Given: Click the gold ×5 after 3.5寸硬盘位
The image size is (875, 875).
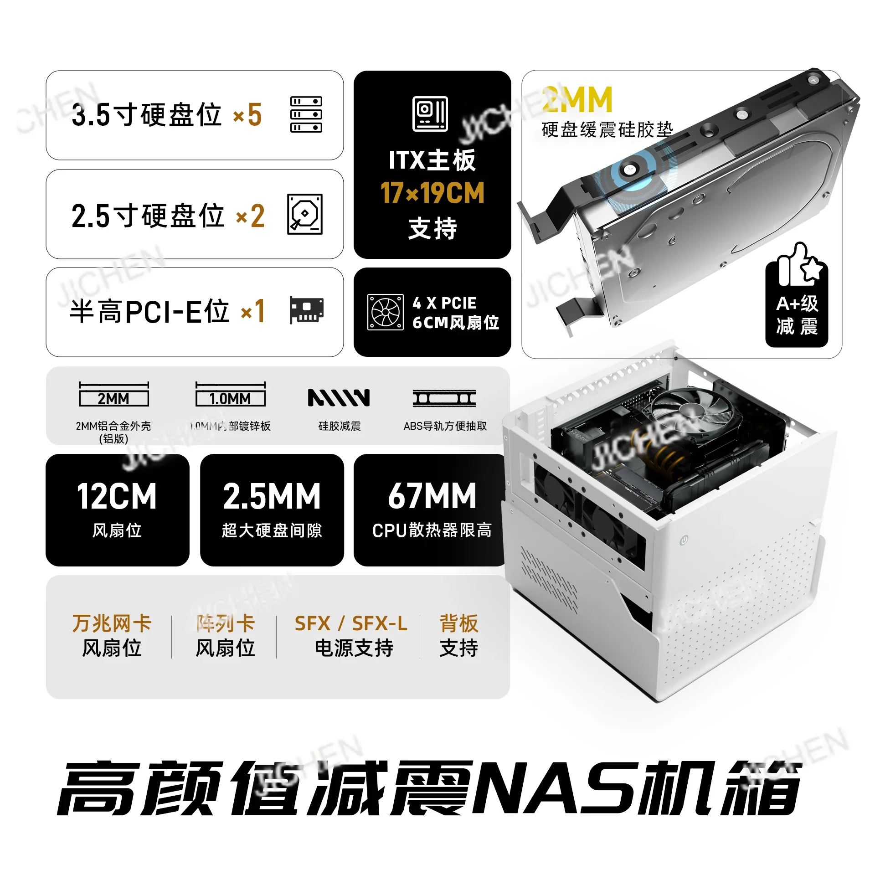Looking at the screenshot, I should coord(247,115).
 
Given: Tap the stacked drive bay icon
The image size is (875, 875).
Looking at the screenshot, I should coord(306,114).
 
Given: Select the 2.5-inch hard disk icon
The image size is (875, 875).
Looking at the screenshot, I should coord(305,214).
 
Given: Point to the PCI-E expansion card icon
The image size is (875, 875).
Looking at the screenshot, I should coord(307,310).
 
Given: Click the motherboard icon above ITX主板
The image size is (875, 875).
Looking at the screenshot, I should coord(430,114).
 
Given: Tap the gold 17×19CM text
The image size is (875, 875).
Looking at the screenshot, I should coord(432,193).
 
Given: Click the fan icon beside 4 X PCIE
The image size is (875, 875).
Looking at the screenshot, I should coord(386,312).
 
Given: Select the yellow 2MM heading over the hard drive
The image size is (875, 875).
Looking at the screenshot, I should coord(577,100).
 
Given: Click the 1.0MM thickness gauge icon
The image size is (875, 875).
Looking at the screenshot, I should coord(230,395).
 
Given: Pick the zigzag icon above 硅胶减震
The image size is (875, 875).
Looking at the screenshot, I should coord(339,397).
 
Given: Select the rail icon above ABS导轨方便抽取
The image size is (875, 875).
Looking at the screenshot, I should coord(444,398).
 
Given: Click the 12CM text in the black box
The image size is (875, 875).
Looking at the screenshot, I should coord(117,497).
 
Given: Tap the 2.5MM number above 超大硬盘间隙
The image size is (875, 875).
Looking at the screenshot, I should coord(272,497).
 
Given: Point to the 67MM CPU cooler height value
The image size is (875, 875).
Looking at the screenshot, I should coord(432,497).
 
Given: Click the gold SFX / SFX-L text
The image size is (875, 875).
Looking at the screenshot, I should coord(351,623).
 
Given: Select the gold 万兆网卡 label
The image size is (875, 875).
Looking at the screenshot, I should coord(112,623).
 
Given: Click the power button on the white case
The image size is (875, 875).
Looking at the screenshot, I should coord(684,541).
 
